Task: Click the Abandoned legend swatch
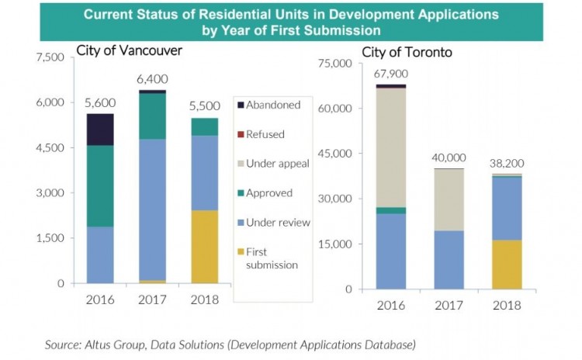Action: (x=241, y=104)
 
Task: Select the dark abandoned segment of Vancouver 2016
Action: (x=99, y=130)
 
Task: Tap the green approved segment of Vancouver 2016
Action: (x=99, y=186)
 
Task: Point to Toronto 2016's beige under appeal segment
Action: (x=391, y=147)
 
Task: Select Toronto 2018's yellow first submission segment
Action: (x=506, y=265)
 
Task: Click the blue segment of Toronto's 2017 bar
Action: (x=449, y=259)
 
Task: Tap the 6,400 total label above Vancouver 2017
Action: (x=152, y=78)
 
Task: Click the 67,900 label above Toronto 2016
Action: (x=390, y=74)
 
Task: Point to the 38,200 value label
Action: (x=506, y=164)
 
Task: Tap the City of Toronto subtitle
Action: (x=407, y=53)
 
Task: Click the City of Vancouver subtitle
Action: (x=129, y=50)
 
